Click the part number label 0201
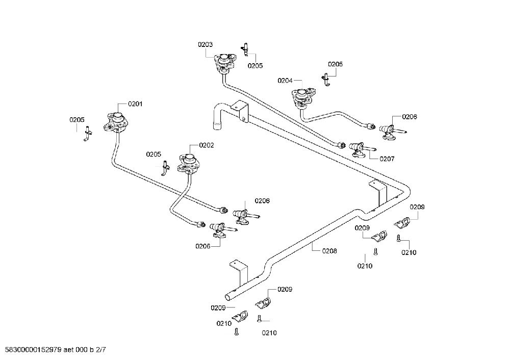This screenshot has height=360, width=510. point(135,104)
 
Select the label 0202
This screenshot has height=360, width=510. point(206,145)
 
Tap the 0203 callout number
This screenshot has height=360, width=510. point(205,44)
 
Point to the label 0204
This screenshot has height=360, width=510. point(285,81)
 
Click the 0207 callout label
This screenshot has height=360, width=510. point(387,159)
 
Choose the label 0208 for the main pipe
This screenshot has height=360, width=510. point(329,251)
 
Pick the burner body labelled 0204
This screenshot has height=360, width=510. point(303,97)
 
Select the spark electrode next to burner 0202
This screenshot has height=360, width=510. point(166,168)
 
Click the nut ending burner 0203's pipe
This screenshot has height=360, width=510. point(341,144)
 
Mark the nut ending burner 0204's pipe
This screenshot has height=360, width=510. point(371,126)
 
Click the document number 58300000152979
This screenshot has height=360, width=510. point(31,350)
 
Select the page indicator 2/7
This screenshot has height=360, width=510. point(101,350)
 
